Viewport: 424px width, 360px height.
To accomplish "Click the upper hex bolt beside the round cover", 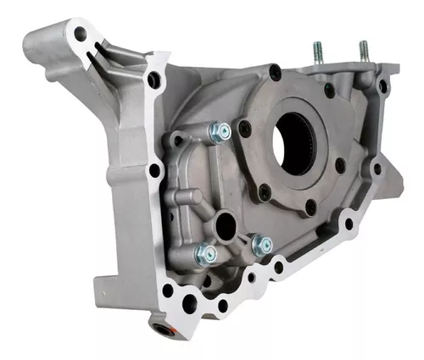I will (x=218, y=132).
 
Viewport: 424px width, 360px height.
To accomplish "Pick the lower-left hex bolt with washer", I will (x=204, y=252).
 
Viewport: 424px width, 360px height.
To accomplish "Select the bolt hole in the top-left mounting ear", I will (x=81, y=35).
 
